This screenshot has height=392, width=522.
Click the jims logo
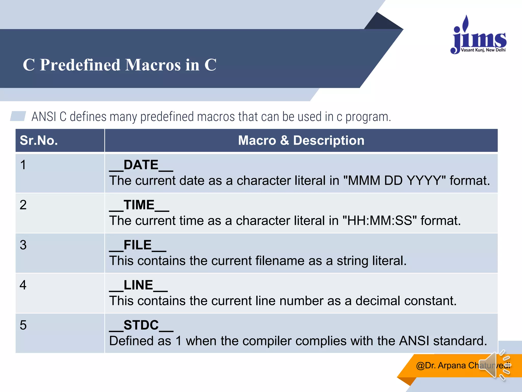(479, 36)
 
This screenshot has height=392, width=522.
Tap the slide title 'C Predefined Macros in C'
(120, 65)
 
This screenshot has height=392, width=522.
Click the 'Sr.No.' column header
(39, 141)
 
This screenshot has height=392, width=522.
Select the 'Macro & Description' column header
(301, 141)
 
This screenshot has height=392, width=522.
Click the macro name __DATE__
(141, 165)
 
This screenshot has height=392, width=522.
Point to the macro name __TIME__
(139, 205)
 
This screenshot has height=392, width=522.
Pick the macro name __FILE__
(138, 245)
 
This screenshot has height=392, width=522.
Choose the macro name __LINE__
(138, 285)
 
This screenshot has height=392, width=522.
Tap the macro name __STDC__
(141, 325)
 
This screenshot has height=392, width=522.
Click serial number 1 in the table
(23, 165)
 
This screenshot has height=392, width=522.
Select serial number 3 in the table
(23, 245)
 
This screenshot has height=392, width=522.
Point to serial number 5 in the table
(23, 325)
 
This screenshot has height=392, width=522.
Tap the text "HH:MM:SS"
(380, 221)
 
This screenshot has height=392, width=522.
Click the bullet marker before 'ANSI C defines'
(18, 116)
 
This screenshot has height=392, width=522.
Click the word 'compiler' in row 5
(267, 341)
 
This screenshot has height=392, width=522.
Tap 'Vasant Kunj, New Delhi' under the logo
(483, 50)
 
